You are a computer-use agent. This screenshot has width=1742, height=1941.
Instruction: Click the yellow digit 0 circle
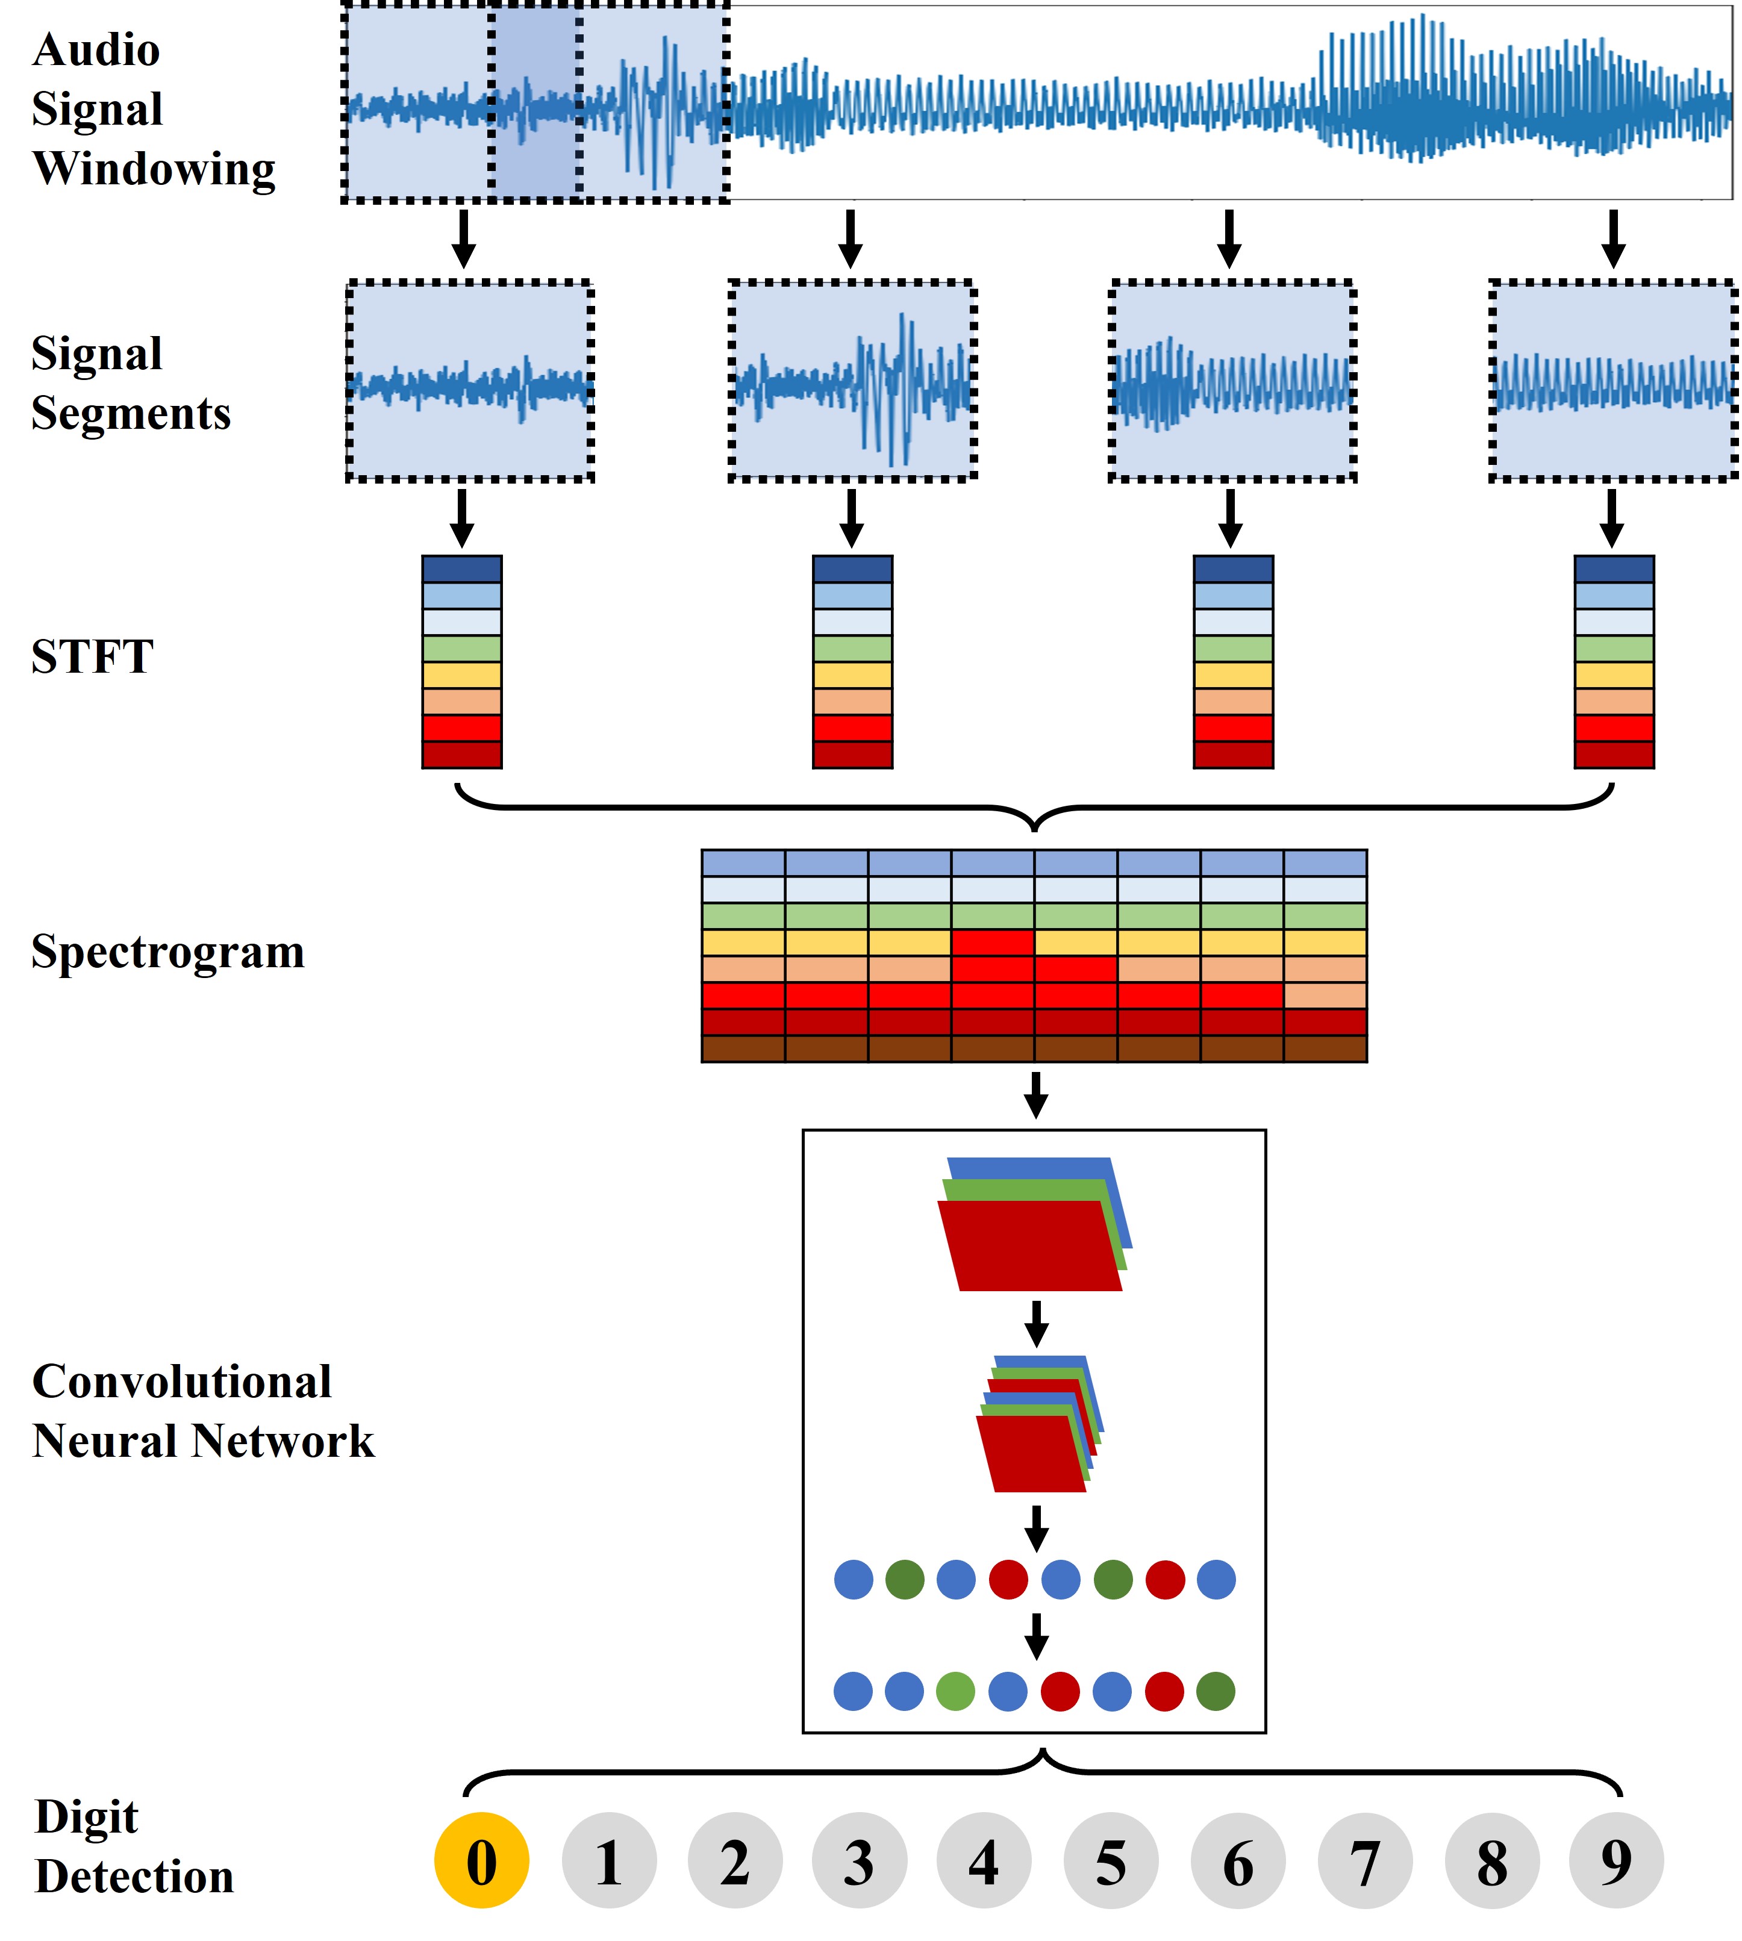(481, 1861)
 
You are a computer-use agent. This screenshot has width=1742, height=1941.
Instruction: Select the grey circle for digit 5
(1110, 1861)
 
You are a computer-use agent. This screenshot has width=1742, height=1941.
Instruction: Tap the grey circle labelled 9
(1616, 1861)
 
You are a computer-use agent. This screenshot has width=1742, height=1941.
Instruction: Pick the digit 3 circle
(858, 1861)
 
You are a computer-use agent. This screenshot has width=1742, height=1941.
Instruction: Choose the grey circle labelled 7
(1364, 1861)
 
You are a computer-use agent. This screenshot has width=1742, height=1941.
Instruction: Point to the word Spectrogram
(167, 952)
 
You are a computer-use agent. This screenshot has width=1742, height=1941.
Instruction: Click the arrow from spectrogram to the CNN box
(1035, 1095)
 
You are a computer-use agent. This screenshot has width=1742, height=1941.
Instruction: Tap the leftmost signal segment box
(470, 381)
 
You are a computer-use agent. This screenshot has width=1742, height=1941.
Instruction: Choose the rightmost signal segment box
(1612, 381)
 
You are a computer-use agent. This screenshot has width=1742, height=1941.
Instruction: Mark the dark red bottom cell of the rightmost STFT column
(1614, 754)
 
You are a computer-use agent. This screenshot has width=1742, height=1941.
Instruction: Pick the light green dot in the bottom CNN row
(955, 1691)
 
